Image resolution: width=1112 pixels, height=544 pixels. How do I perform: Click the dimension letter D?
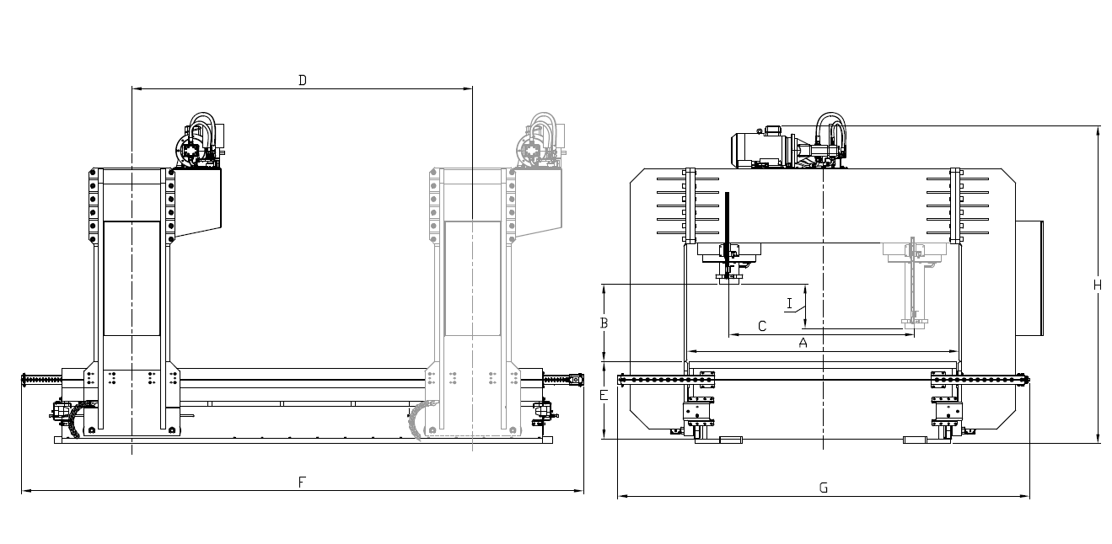click(x=303, y=80)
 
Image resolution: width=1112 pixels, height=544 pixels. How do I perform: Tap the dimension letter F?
click(x=302, y=482)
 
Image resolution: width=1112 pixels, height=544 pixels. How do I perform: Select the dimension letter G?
click(x=824, y=488)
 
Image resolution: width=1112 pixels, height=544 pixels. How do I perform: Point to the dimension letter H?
click(x=1097, y=285)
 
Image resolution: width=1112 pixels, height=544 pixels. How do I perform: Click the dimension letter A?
click(x=803, y=343)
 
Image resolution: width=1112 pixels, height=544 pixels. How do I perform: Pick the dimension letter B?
click(x=604, y=323)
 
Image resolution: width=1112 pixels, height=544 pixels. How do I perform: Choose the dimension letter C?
click(x=762, y=326)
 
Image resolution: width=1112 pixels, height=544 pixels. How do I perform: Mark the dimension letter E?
click(x=604, y=396)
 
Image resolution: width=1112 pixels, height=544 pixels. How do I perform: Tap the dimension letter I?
click(x=789, y=302)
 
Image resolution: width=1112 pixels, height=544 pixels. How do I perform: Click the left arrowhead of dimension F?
click(x=24, y=490)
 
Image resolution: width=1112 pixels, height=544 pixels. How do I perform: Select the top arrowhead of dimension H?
click(x=1098, y=129)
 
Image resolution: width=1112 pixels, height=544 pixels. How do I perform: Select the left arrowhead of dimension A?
click(x=691, y=351)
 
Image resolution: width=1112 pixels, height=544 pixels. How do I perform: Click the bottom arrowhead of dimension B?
click(x=604, y=358)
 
